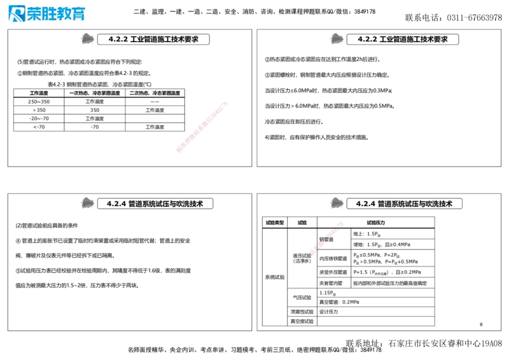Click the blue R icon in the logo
tap(15, 13)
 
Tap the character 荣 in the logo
tap(36, 13)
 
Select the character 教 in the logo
tap(67, 13)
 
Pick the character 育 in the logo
tap(80, 13)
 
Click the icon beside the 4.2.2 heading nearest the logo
tap(87, 39)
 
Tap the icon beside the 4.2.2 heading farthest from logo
tap(336, 39)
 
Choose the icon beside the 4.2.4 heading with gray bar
tap(87, 204)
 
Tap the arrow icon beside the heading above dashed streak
tap(336, 204)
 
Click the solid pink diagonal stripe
tap(201, 127)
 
